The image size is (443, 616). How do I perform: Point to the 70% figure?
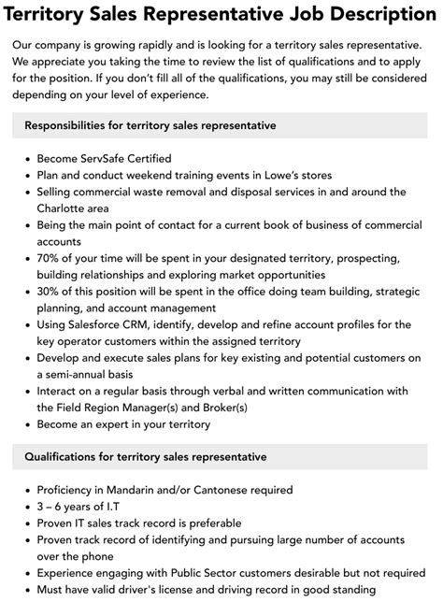[50, 258]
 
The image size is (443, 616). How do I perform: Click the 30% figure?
[50, 292]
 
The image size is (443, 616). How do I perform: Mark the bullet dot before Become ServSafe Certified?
[26, 159]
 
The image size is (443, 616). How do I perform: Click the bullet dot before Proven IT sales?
[26, 523]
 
